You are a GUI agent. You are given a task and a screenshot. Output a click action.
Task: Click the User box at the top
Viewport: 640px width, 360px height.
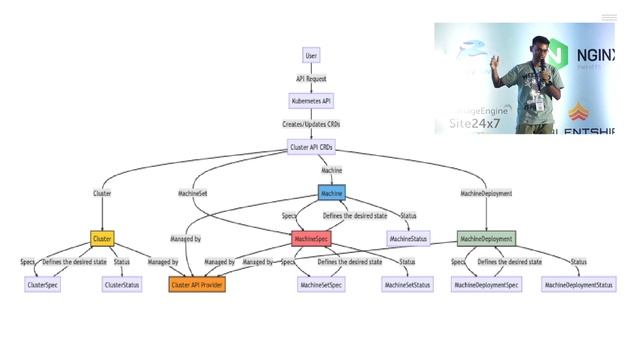(312, 55)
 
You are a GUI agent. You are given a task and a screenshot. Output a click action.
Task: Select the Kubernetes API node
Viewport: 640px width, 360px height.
(312, 101)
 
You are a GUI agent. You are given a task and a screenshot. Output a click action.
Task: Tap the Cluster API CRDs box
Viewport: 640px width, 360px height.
(312, 147)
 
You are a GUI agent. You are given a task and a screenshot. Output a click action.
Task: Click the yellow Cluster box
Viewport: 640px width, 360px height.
(102, 239)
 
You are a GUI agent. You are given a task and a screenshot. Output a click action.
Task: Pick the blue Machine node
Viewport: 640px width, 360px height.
(332, 192)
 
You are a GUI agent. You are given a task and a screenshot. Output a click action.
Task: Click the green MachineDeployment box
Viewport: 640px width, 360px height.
(487, 239)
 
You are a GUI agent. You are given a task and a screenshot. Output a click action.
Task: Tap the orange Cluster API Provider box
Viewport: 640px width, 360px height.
(197, 285)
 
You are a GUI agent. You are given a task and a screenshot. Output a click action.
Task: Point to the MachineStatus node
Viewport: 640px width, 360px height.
(408, 239)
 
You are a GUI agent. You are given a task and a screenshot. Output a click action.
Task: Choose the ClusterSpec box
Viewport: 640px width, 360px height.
(42, 285)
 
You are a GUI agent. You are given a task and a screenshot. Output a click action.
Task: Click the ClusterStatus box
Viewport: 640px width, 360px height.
(121, 285)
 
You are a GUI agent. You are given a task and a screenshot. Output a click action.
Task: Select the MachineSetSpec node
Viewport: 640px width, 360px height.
(321, 285)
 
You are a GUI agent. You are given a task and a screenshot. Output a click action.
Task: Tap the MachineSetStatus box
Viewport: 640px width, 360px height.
(408, 285)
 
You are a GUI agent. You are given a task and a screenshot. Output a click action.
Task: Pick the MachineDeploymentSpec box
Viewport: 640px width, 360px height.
(486, 285)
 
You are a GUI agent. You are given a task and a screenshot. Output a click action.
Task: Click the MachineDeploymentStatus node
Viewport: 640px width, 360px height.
(579, 285)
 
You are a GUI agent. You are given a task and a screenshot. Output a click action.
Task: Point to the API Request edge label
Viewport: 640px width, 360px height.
(312, 78)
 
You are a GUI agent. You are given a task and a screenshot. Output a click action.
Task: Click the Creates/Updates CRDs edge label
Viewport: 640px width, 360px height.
(312, 124)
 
